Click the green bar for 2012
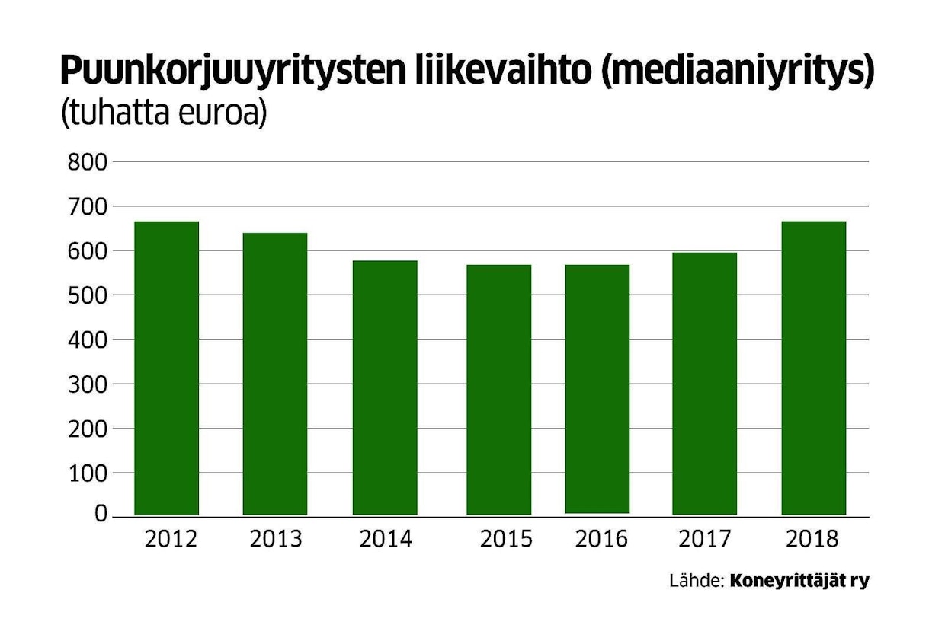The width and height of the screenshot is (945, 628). coord(166,368)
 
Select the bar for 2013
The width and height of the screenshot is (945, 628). coord(275,374)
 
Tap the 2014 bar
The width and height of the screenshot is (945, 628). coord(385,387)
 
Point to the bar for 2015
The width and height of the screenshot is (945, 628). coord(499,390)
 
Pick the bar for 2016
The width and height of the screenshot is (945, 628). coord(597,389)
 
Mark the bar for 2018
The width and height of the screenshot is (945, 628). coord(813,368)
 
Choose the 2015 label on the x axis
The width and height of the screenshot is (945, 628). coord(506,539)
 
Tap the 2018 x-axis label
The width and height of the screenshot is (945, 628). coord(812,539)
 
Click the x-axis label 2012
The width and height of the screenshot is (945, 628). coord(171,539)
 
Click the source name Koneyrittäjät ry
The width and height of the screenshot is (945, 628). coord(799,582)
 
